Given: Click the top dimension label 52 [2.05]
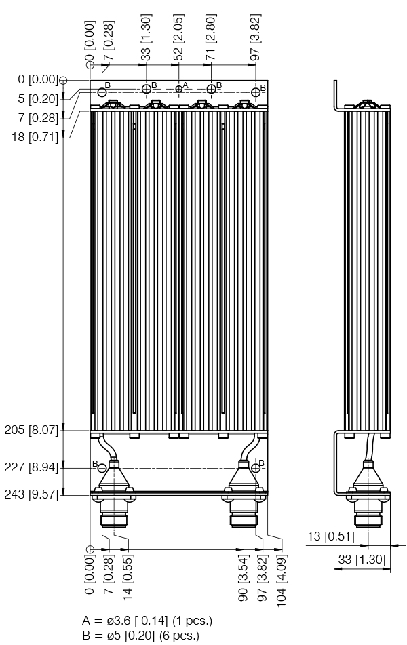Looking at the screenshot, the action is coord(179,37).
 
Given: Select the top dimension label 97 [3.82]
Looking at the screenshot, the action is coord(256,37).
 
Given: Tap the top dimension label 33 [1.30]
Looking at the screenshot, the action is coord(146,37).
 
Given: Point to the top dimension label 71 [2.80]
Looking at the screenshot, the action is coord(211,37).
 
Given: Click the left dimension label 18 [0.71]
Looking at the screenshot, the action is coord(35,136).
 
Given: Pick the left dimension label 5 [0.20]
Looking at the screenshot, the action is coord(39,99).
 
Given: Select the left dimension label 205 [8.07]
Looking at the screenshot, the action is coord(32,430).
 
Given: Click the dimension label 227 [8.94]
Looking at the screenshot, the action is coord(32,468).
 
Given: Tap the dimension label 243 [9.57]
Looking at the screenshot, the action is coord(32,494).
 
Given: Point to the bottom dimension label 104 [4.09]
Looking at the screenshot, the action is coord(282,581).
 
